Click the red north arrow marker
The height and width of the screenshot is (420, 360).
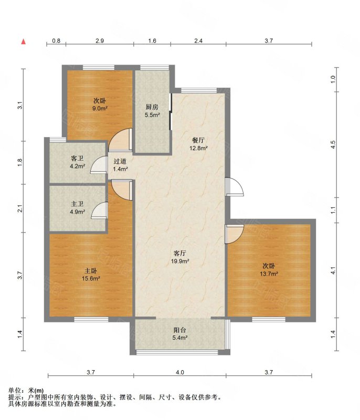(x=24, y=41)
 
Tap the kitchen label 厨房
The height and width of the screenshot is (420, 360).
(x=152, y=107)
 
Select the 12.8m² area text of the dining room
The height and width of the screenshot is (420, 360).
(x=198, y=148)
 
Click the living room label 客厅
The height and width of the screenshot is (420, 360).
(x=180, y=253)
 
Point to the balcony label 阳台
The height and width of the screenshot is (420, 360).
(x=179, y=330)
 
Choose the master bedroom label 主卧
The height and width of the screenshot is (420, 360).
(x=91, y=271)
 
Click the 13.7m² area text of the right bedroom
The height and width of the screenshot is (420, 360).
(x=269, y=274)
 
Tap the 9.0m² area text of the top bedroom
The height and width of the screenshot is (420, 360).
(x=100, y=109)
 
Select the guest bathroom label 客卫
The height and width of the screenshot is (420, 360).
(x=77, y=159)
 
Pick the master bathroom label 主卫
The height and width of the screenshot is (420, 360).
(x=77, y=204)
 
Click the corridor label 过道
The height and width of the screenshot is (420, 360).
(x=120, y=161)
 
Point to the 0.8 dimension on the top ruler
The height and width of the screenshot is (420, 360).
(x=56, y=41)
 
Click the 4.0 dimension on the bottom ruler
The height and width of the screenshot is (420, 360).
(x=180, y=372)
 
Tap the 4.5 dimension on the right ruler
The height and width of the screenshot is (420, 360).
(x=333, y=145)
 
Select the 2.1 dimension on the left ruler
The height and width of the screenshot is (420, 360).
(x=20, y=208)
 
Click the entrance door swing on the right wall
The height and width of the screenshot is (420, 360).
(x=235, y=187)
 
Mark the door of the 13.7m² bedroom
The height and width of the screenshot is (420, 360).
(x=234, y=234)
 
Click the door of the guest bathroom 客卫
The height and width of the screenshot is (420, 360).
(x=99, y=165)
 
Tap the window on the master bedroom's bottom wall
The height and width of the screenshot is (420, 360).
(x=91, y=319)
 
